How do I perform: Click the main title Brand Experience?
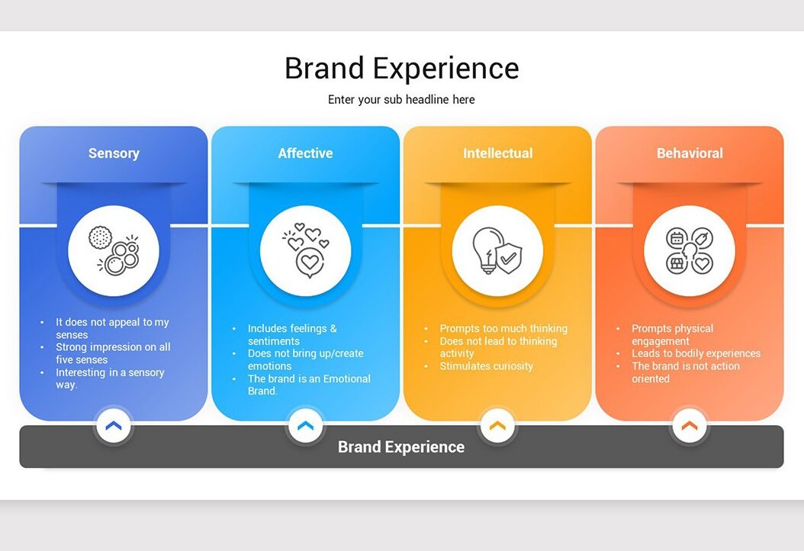[401, 68]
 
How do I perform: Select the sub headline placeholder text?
[401, 99]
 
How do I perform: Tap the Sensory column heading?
[114, 153]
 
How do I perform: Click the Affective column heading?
[306, 153]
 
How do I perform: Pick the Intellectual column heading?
[498, 153]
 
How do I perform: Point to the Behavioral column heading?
[690, 153]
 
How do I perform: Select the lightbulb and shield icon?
[497, 251]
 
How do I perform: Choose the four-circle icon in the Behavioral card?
[690, 251]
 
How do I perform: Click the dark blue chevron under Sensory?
[114, 425]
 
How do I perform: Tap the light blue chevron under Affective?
[306, 425]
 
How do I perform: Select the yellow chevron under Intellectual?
[497, 425]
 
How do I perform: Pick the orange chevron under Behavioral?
[690, 425]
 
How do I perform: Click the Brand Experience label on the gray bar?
[401, 447]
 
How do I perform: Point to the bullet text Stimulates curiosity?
[486, 366]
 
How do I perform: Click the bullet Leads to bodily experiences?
[696, 353]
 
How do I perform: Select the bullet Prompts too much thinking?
[503, 328]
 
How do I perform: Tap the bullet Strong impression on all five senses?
[113, 353]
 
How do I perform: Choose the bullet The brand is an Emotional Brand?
[309, 385]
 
